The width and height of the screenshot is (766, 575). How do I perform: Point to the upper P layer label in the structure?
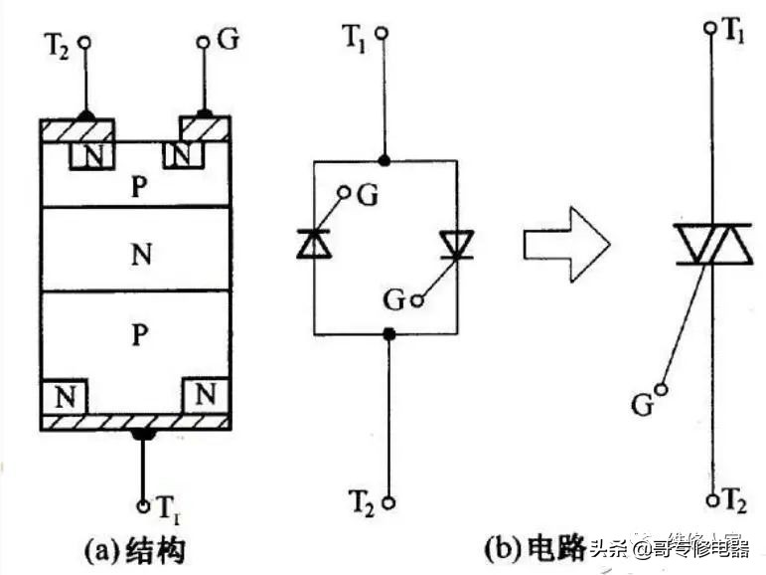[139, 186]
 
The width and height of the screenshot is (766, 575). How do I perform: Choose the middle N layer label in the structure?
[139, 252]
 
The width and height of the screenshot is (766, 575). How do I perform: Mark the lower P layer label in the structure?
[139, 336]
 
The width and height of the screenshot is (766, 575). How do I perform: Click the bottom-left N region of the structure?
[66, 396]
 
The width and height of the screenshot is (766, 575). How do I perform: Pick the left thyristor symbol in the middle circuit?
[313, 243]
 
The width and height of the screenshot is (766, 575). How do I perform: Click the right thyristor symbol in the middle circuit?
[456, 244]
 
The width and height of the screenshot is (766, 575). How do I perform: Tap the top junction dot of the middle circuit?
[386, 159]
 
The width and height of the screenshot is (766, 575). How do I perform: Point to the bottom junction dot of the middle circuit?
[387, 334]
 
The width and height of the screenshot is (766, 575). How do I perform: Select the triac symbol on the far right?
[711, 244]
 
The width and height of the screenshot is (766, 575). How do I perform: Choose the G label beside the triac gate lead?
[643, 404]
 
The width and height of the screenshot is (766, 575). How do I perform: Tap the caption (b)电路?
[531, 549]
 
